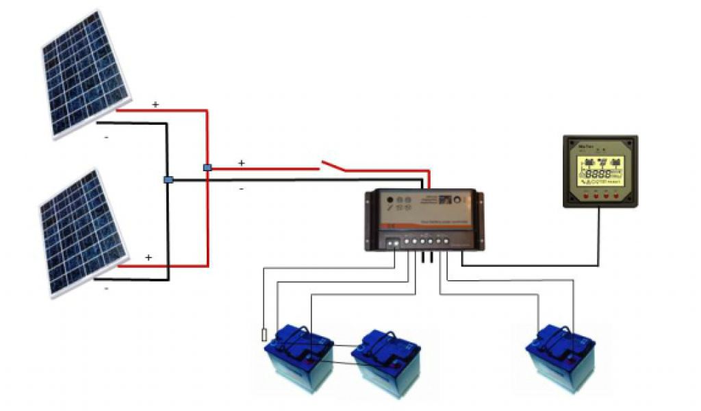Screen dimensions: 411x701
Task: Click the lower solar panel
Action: (x=83, y=232)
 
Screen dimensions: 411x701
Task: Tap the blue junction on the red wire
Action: (x=207, y=167)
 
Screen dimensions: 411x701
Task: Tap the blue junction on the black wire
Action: (x=168, y=179)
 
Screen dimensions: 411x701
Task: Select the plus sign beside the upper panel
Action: (x=155, y=104)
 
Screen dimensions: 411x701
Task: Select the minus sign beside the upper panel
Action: (x=106, y=138)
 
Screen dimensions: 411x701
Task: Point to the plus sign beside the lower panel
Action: (x=148, y=257)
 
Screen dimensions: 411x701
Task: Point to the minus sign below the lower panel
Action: (x=106, y=289)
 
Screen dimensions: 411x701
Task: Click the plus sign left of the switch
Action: (x=241, y=163)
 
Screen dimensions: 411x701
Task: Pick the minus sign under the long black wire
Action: (x=241, y=189)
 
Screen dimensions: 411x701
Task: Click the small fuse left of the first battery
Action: (x=264, y=335)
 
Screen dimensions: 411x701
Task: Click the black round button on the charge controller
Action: (x=390, y=201)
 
